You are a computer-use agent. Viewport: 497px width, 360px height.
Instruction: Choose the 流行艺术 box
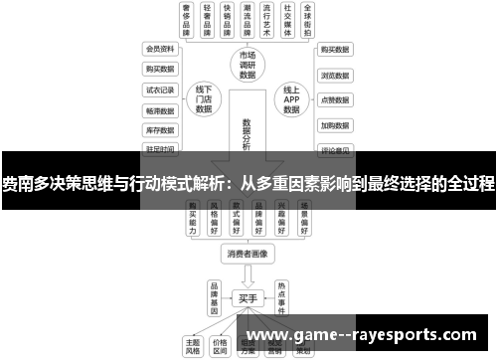click(x=264, y=20)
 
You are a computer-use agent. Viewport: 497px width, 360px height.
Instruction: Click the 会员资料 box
click(x=160, y=49)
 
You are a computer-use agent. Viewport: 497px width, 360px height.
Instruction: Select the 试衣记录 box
click(x=160, y=90)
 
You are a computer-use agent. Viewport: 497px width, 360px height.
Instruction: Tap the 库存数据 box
click(x=160, y=130)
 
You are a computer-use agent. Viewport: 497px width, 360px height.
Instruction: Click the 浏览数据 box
click(x=335, y=75)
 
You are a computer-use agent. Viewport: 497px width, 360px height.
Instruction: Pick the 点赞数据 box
click(x=335, y=100)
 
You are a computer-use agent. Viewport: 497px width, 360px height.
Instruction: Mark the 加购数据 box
click(x=335, y=126)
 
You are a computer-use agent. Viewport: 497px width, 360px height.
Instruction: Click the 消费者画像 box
click(x=248, y=254)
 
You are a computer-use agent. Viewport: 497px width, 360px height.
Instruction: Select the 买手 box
click(x=248, y=297)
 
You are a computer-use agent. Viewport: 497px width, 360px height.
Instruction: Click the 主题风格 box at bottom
click(x=193, y=344)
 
